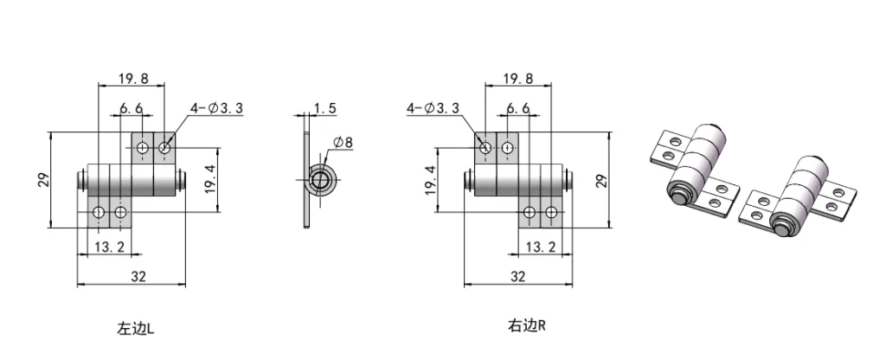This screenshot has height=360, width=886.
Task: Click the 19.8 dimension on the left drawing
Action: click(132, 79)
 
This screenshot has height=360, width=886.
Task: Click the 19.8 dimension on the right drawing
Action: click(517, 79)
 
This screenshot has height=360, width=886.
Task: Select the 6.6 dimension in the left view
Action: click(132, 108)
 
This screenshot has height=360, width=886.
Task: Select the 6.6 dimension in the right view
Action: click(517, 108)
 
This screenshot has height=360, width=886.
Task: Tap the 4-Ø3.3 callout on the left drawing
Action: click(216, 108)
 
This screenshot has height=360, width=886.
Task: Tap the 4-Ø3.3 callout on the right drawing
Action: click(433, 108)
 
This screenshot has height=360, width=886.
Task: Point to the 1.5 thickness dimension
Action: click(325, 108)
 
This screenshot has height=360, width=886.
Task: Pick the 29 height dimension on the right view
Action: click(603, 180)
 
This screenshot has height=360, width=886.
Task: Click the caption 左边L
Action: click(136, 329)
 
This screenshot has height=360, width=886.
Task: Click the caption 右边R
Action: click(527, 326)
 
